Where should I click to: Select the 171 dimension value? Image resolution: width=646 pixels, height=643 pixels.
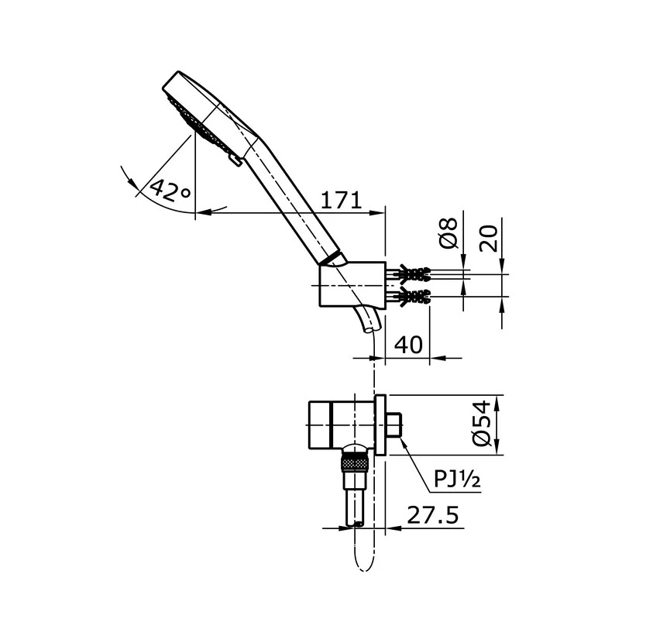pyautogui.click(x=341, y=200)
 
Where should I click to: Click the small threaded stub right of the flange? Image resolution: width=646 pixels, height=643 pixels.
pyautogui.click(x=394, y=425)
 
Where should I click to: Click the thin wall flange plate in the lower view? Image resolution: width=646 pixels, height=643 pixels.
pyautogui.click(x=380, y=425)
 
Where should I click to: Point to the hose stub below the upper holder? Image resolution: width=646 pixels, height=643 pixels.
pyautogui.click(x=367, y=320)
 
